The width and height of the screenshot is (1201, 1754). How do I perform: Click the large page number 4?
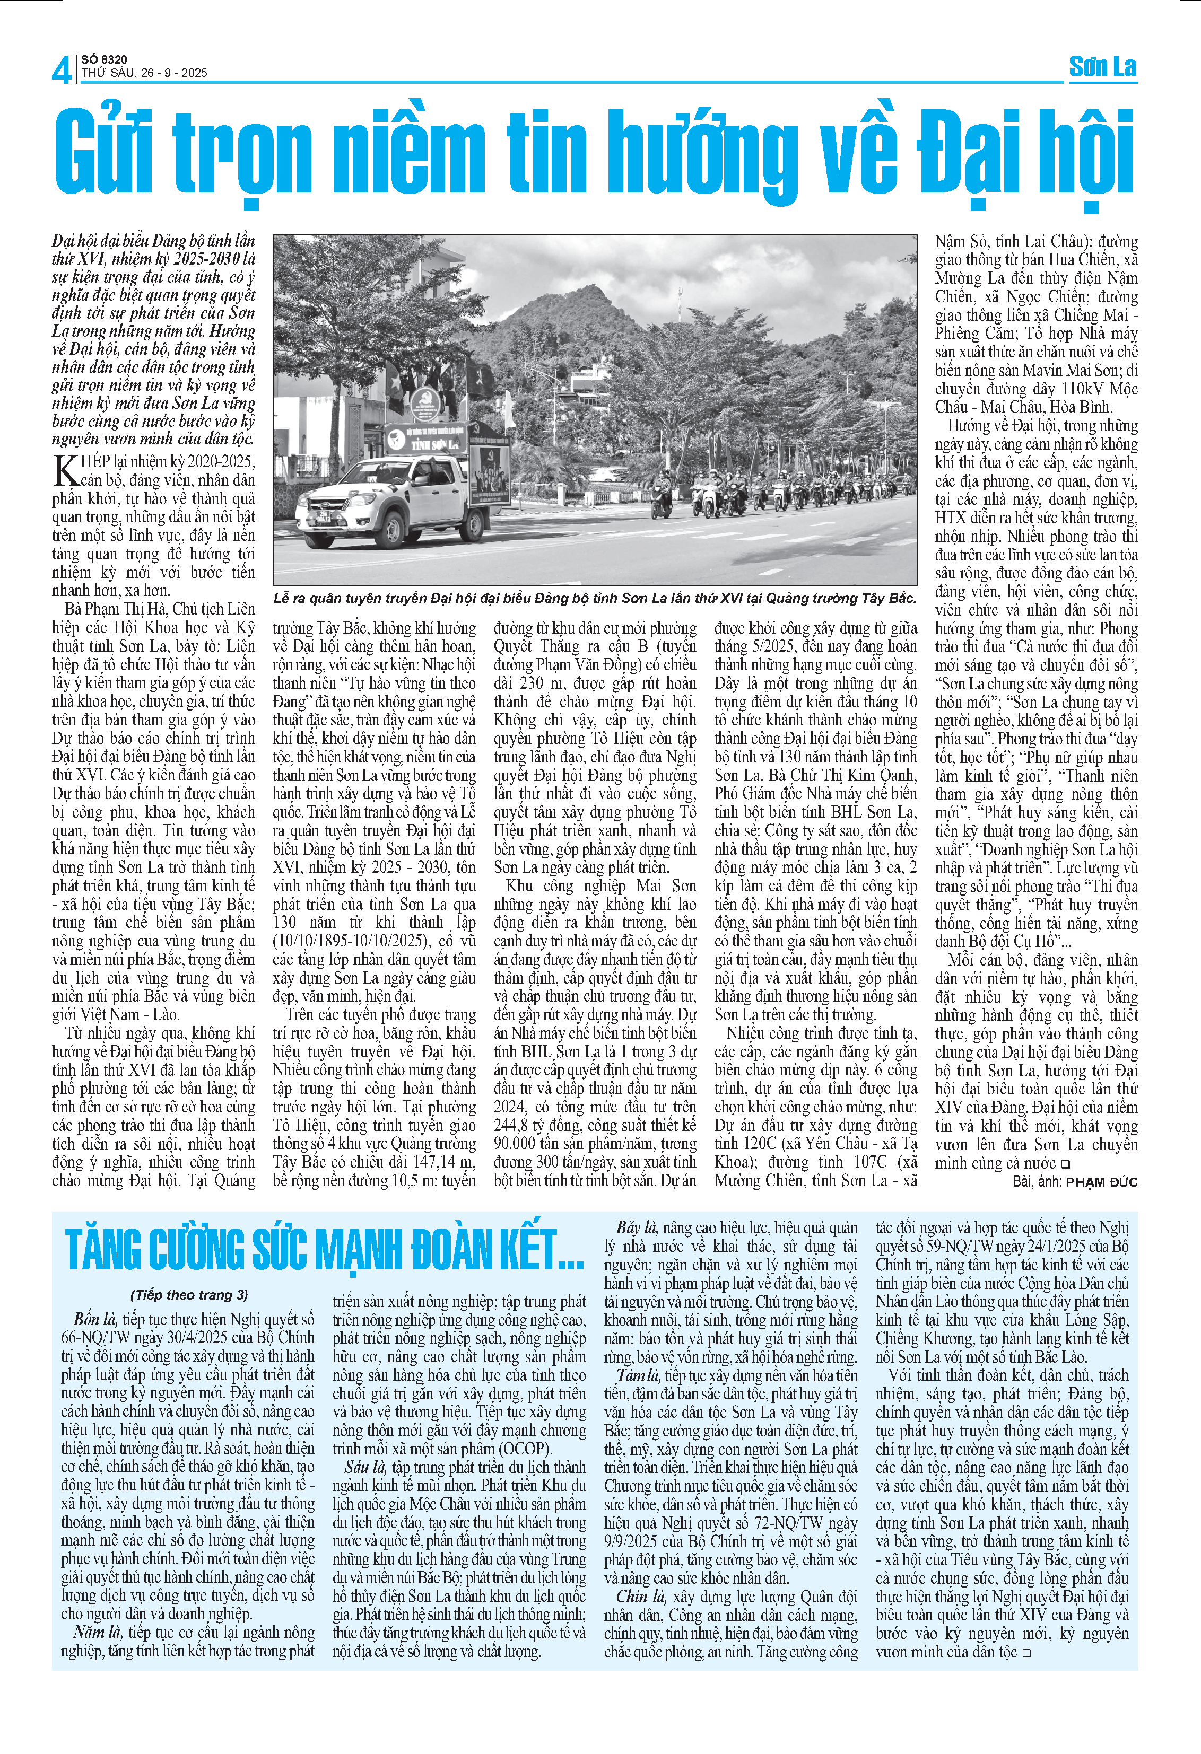[x=61, y=70]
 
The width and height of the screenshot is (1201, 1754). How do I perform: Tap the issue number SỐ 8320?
[x=104, y=59]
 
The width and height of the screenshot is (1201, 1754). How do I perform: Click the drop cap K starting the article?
[x=66, y=470]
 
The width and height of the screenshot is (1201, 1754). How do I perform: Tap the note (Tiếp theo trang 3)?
[x=189, y=1294]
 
